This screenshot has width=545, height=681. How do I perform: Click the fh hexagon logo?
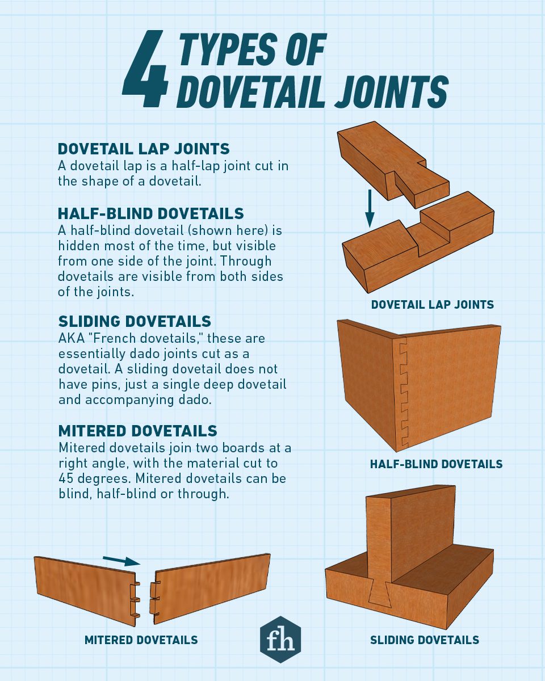tap(280, 639)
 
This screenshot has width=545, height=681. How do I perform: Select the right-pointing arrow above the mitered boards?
tap(121, 561)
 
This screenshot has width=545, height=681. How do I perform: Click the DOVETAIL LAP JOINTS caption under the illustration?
tap(432, 305)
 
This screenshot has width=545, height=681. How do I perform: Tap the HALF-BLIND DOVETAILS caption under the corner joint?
tap(436, 464)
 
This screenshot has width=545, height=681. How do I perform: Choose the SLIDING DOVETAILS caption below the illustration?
tap(425, 640)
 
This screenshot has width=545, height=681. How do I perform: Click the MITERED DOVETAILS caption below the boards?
tap(141, 640)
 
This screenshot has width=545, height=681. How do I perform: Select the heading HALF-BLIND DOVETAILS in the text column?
tap(150, 213)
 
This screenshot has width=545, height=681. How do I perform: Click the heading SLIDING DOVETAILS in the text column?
tap(135, 321)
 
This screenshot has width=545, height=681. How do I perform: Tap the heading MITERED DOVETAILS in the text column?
tap(137, 430)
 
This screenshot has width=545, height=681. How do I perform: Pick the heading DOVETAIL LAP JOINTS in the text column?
tap(144, 149)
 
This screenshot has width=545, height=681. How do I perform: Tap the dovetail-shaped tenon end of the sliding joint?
tap(379, 592)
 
